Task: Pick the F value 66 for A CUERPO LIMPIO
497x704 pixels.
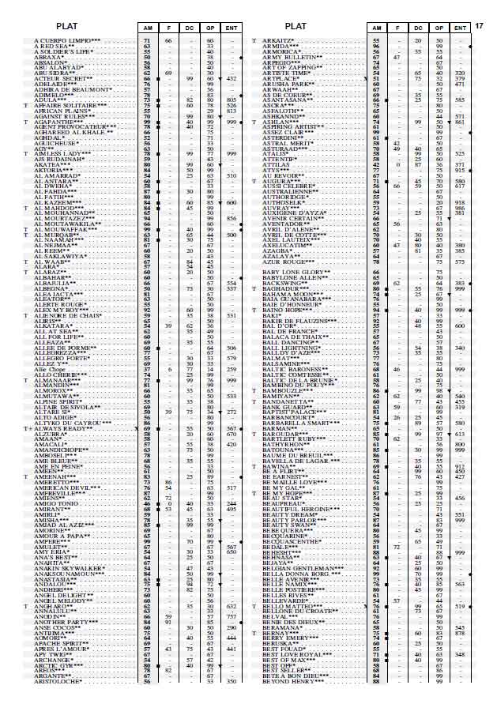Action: click(168, 40)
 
